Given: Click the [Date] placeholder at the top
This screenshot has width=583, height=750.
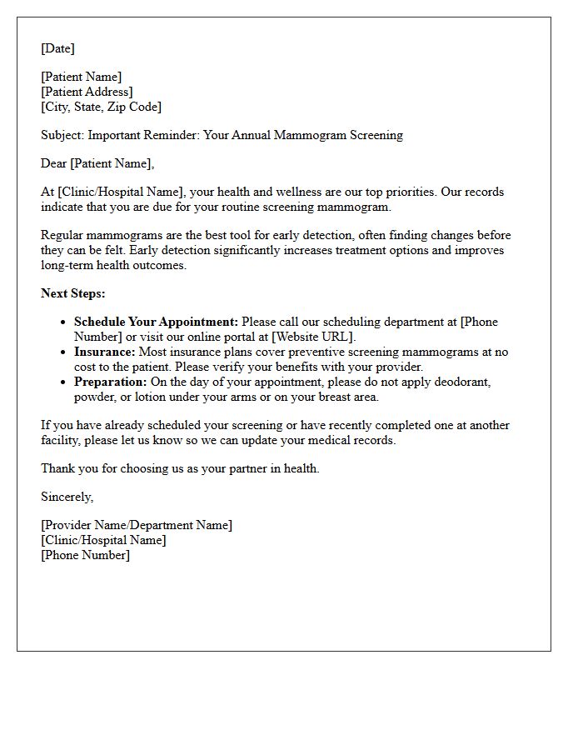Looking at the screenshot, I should point(57,48).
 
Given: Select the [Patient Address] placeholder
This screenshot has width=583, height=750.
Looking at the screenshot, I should point(87,92).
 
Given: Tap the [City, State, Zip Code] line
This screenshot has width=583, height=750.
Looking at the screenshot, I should point(101,107).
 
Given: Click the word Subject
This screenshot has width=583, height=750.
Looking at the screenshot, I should point(62,135).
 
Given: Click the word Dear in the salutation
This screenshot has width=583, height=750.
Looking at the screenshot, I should point(54,163).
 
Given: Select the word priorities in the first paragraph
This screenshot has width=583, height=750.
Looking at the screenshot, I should point(407,192).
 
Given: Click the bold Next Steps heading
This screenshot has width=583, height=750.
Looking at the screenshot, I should point(73,293).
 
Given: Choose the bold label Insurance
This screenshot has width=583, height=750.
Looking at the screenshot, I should point(104,352).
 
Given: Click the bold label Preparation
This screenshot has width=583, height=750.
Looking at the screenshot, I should point(110,382).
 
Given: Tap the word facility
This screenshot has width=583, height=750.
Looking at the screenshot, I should point(62,440).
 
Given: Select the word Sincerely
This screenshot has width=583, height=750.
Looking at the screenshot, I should point(67,497).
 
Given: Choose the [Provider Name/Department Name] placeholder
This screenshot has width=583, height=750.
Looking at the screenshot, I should point(137,525).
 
